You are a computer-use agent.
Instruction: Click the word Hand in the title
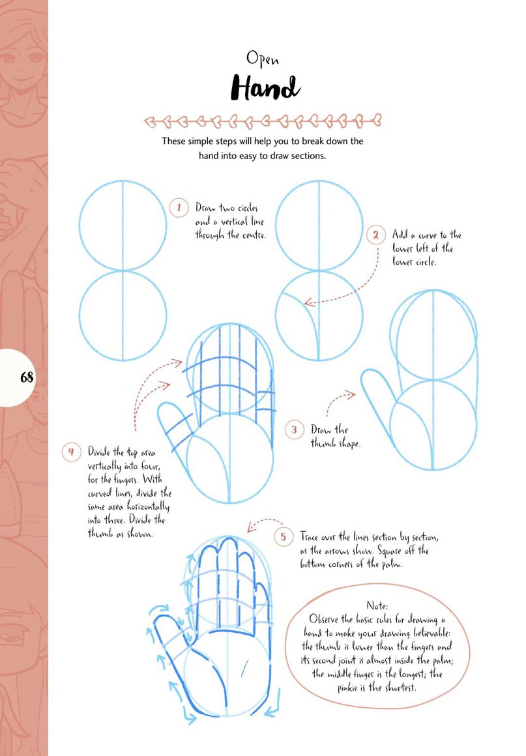[x=266, y=88]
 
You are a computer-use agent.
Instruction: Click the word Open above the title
[x=262, y=59]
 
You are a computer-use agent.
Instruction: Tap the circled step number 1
[x=179, y=208]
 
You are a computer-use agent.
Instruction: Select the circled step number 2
[x=375, y=235]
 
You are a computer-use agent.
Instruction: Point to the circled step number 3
[x=294, y=429]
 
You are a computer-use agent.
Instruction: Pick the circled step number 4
[x=71, y=452]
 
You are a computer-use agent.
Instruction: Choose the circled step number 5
[x=283, y=536]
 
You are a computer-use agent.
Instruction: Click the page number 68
[x=27, y=377]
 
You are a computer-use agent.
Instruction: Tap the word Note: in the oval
[x=377, y=605]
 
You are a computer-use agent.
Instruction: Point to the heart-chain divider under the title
[x=263, y=121]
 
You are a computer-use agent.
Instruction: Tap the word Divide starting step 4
[x=99, y=452]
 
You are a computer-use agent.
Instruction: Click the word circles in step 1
[x=247, y=209]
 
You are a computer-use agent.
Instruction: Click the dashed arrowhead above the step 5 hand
[x=252, y=527]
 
